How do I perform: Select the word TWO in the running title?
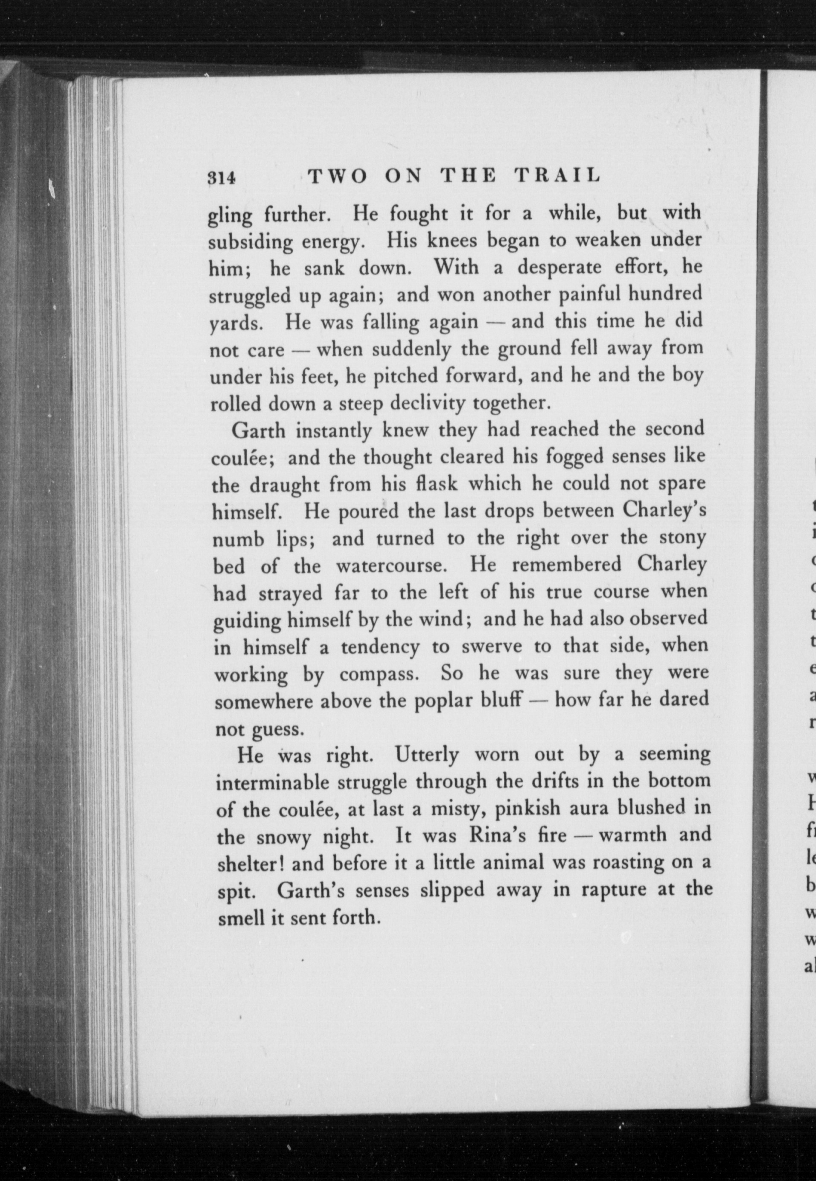coord(338,176)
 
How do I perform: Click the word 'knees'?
coord(451,240)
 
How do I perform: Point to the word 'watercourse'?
coord(388,566)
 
